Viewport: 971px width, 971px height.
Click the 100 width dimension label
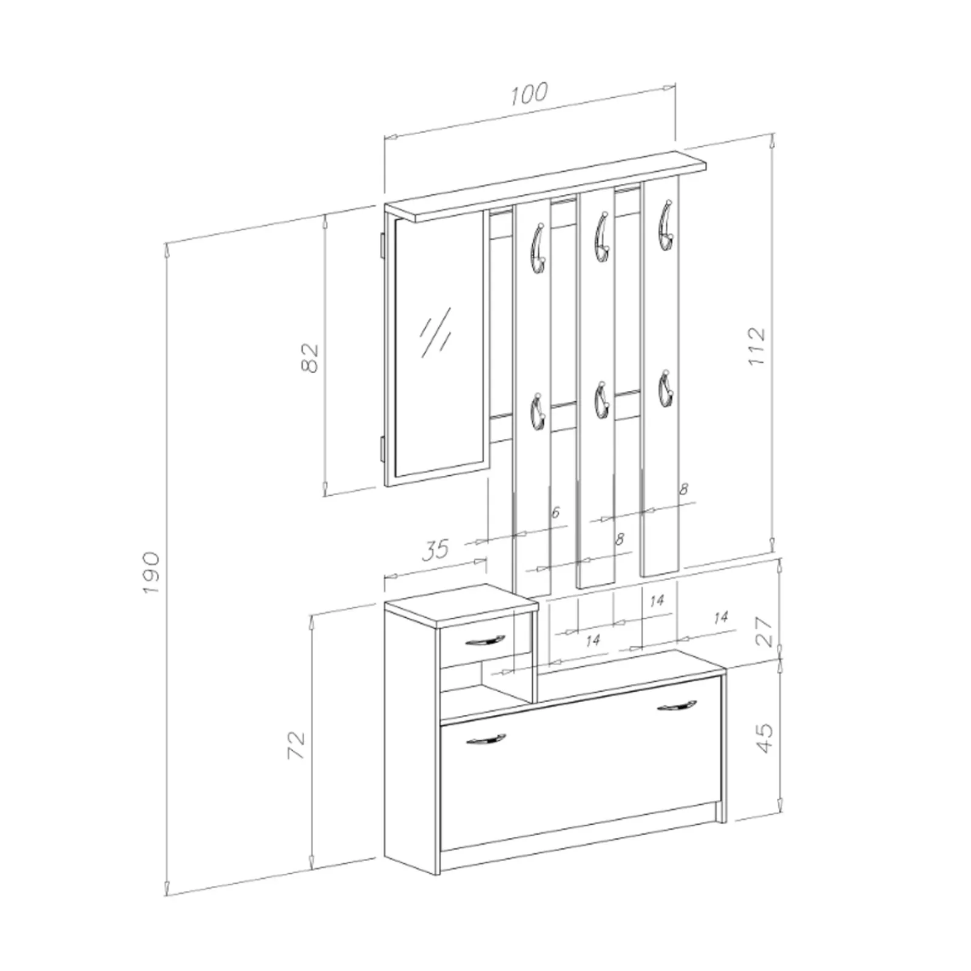(529, 94)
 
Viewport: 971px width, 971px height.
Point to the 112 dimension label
(757, 346)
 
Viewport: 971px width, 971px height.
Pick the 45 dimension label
(765, 737)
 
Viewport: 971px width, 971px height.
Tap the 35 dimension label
(435, 549)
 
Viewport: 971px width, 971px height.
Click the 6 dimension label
(555, 513)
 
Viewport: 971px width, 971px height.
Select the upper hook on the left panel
(538, 248)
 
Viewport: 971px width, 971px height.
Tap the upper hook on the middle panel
(601, 236)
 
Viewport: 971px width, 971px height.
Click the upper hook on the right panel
(666, 225)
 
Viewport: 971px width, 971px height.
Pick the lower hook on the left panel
(538, 412)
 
